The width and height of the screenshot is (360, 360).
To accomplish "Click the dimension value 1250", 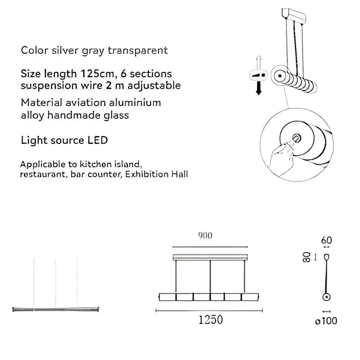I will tap(211, 320).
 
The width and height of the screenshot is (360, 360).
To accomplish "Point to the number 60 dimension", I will tap(327, 240).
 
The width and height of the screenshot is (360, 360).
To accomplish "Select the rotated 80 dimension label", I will tap(308, 257).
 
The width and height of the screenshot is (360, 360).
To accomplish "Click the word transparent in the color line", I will tap(137, 50).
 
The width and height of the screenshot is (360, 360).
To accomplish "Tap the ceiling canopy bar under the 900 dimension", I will tap(210, 257).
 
